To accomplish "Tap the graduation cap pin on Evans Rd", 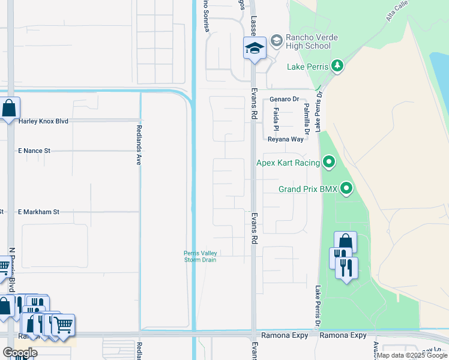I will point(255,48).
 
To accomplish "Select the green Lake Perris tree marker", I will point(337,65).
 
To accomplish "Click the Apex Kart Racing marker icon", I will point(329,162).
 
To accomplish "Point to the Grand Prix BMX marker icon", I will point(346,189).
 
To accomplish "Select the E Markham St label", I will point(39,212).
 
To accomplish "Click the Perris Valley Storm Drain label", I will point(200,256).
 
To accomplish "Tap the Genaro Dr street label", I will point(284,99).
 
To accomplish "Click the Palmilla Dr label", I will point(307,118).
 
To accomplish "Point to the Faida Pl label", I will point(276,120).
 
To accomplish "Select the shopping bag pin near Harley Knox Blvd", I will point(9,110).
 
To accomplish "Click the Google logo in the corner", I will point(20,353).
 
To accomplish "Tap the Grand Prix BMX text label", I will point(309,190).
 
